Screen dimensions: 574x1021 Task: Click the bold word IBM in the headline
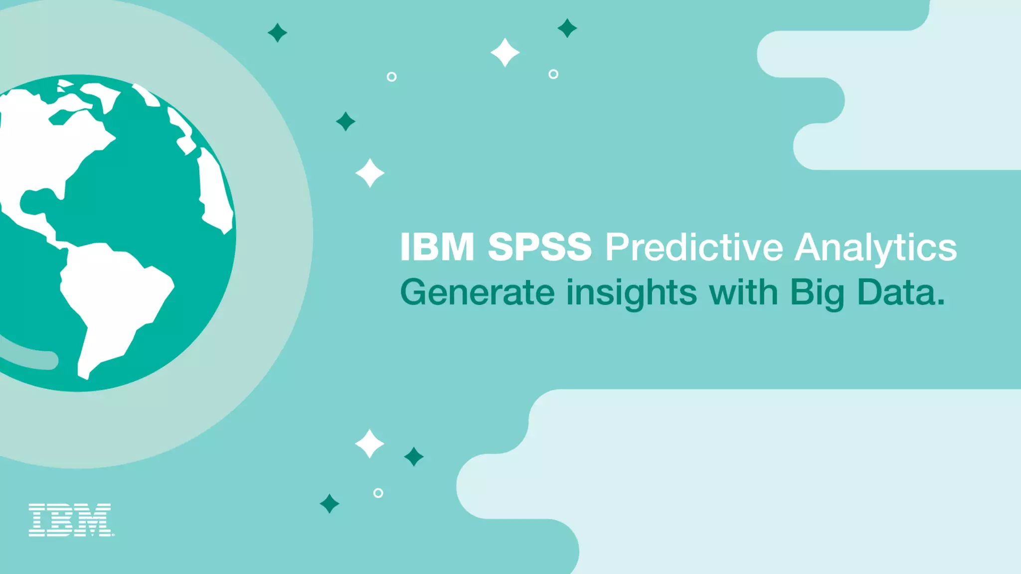point(437,247)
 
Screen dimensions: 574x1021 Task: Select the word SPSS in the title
point(539,247)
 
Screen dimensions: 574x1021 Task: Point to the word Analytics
point(875,248)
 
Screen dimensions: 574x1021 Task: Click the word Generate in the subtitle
point(477,292)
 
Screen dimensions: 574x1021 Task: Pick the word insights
point(632,293)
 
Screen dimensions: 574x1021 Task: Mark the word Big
point(817,293)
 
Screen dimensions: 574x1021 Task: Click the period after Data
point(941,301)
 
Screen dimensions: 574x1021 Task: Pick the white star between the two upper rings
point(505,52)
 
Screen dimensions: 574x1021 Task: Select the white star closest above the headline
point(369,173)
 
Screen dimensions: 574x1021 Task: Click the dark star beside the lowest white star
point(414,456)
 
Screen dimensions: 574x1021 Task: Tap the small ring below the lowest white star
point(378,493)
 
